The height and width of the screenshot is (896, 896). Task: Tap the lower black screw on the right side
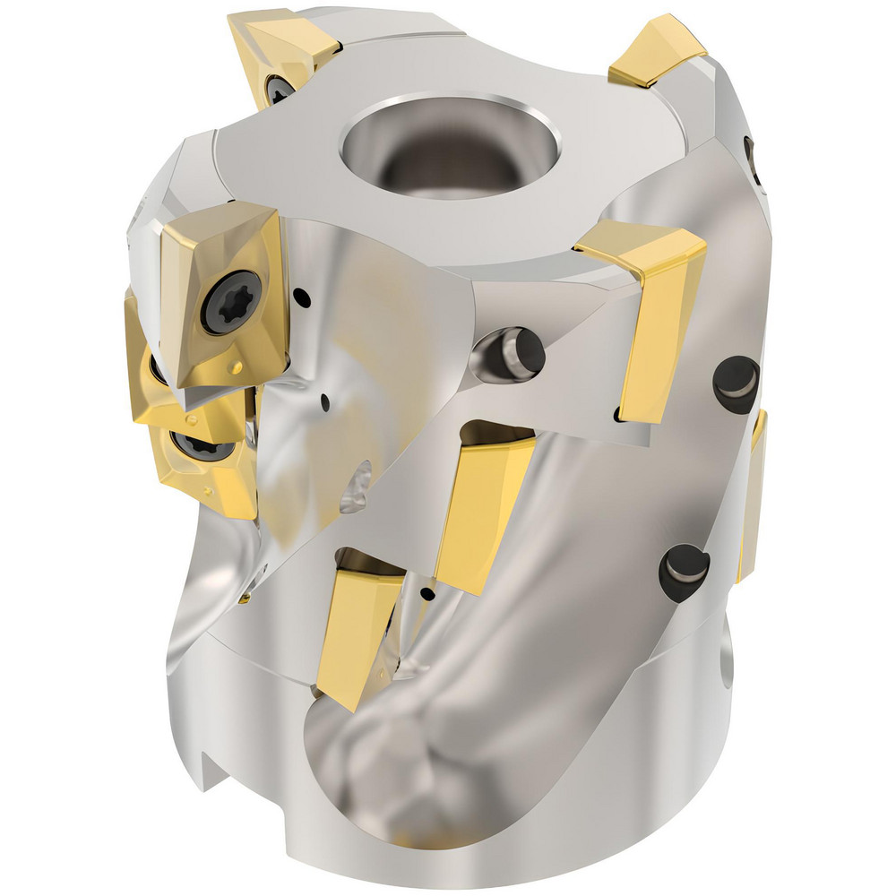683,572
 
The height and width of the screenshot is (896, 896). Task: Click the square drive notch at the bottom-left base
211,771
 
